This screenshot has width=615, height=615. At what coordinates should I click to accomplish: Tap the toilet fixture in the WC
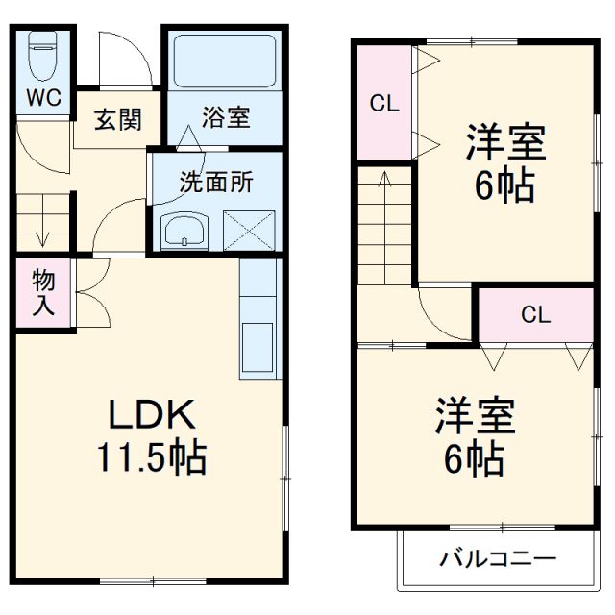click(42, 58)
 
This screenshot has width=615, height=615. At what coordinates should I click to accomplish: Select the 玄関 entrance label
click(118, 119)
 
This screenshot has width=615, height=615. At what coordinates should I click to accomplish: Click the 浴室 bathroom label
click(226, 118)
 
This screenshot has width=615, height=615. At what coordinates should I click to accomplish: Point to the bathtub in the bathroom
click(226, 62)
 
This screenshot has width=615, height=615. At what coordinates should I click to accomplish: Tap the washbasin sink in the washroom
click(184, 231)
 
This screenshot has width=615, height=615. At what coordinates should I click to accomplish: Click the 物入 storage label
click(43, 293)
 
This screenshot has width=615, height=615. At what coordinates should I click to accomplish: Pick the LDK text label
click(151, 415)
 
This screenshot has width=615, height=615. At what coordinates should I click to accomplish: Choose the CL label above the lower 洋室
click(536, 314)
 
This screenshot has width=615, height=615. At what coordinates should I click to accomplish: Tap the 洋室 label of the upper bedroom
click(506, 144)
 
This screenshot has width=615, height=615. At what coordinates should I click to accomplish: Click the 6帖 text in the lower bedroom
click(475, 460)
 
